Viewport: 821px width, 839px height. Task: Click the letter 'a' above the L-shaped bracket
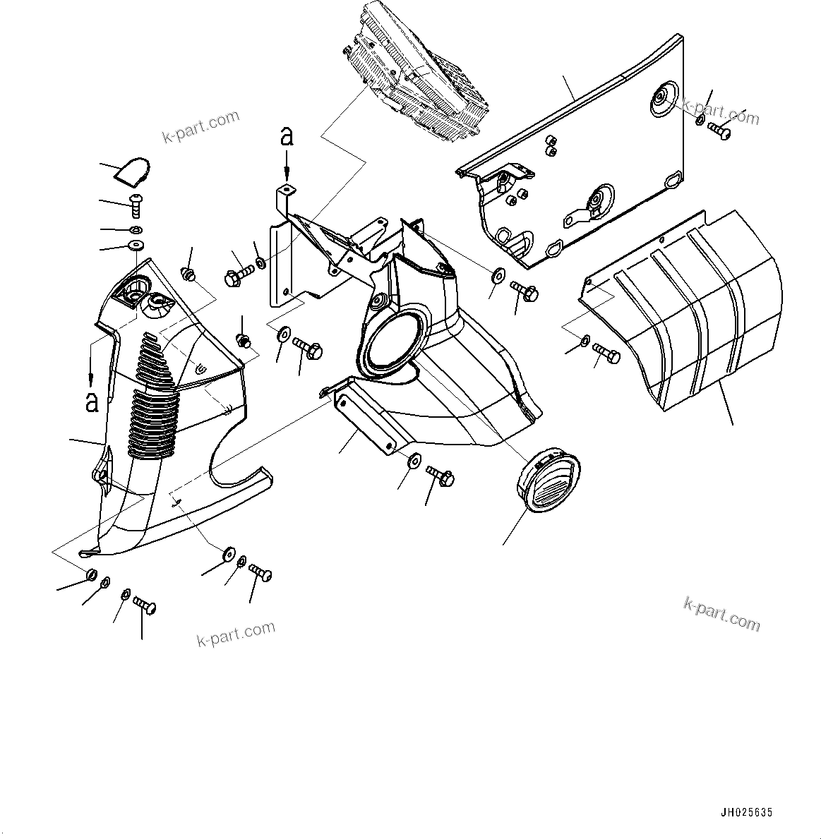pyautogui.click(x=286, y=136)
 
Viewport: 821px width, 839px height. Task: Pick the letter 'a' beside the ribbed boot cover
pyautogui.click(x=91, y=402)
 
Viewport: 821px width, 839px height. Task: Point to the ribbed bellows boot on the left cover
pyautogui.click(x=152, y=395)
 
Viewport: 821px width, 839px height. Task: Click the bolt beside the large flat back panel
pyautogui.click(x=719, y=129)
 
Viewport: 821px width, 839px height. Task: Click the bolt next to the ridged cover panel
pyautogui.click(x=607, y=351)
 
